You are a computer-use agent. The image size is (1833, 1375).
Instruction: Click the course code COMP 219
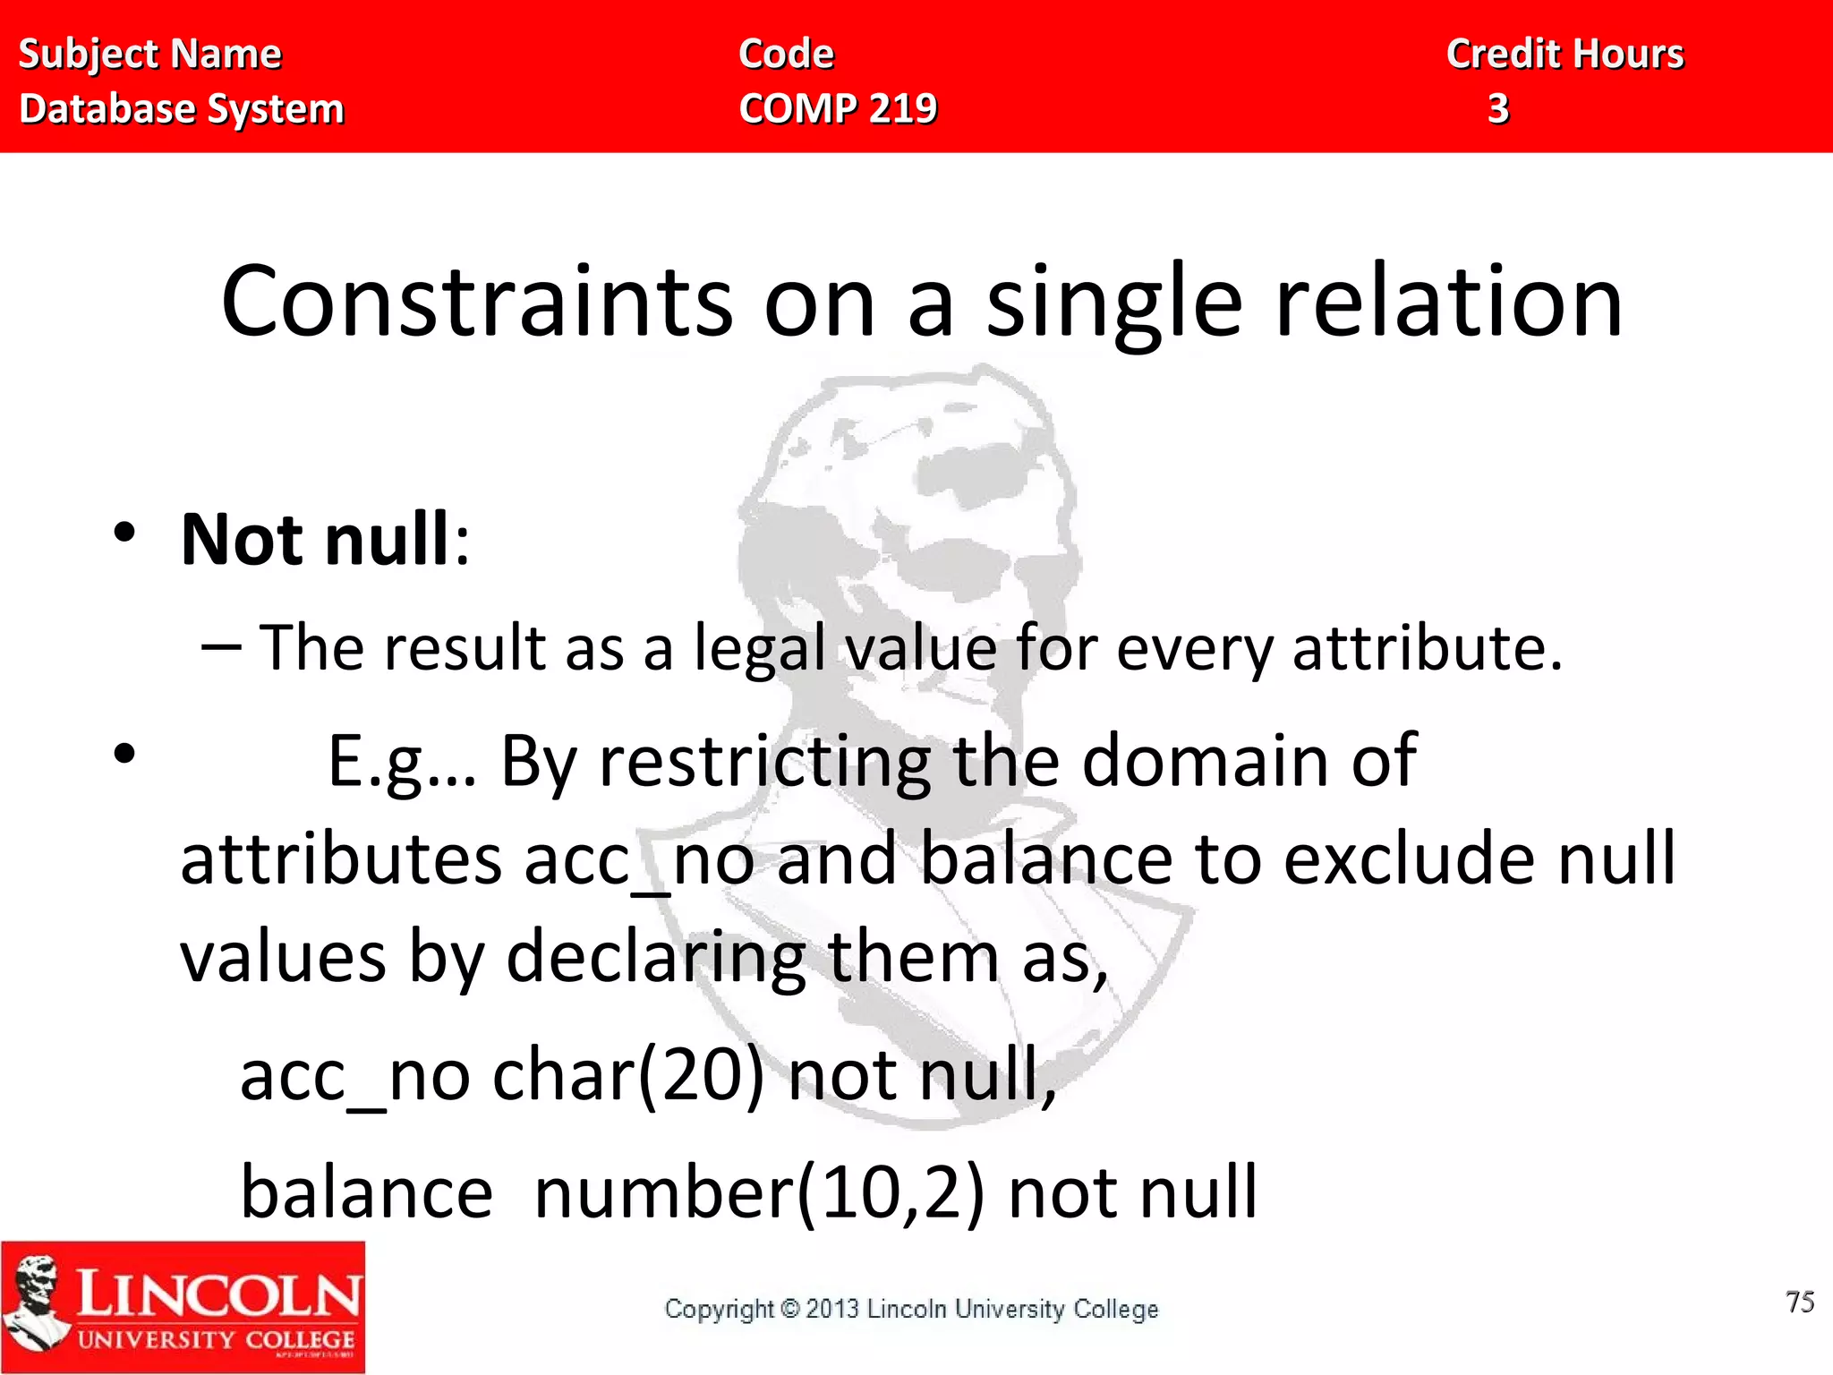[838, 108]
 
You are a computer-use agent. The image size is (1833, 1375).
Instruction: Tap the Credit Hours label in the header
[1564, 54]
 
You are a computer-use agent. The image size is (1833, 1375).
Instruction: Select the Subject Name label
[149, 54]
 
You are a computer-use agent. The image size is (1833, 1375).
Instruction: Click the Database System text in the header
[182, 108]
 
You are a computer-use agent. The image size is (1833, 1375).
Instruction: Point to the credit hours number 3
[1498, 108]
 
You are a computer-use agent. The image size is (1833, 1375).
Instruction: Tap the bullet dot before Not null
[124, 534]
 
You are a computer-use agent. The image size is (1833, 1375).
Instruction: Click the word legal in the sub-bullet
[760, 648]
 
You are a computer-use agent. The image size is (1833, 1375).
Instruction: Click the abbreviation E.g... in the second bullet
[402, 761]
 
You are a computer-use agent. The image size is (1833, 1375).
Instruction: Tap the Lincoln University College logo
[183, 1307]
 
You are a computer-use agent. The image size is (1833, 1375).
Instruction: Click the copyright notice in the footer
[911, 1309]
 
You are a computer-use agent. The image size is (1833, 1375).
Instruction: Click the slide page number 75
[1799, 1302]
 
